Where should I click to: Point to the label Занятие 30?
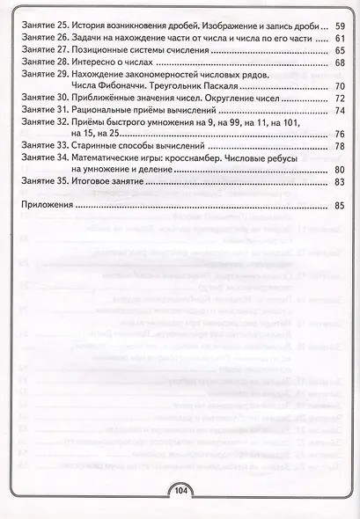[x=43, y=102]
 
